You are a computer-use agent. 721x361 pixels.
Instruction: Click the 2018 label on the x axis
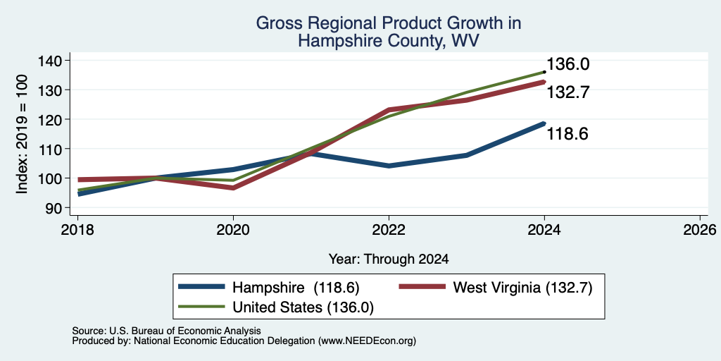[77, 229]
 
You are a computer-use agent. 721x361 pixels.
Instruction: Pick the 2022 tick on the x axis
[389, 229]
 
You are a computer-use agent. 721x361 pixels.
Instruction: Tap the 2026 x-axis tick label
[700, 229]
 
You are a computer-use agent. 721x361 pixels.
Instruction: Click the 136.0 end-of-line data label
[568, 64]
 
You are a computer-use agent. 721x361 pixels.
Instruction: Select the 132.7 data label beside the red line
[568, 93]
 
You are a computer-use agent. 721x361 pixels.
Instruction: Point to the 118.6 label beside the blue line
[568, 135]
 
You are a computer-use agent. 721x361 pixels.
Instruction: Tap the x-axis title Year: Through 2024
[389, 259]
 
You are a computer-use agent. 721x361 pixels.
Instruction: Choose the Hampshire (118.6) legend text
[296, 288]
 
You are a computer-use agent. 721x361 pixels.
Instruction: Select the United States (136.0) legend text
[303, 307]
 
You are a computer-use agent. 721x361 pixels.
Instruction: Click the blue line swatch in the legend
[202, 287]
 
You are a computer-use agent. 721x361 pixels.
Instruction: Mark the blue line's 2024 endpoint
[544, 123]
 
